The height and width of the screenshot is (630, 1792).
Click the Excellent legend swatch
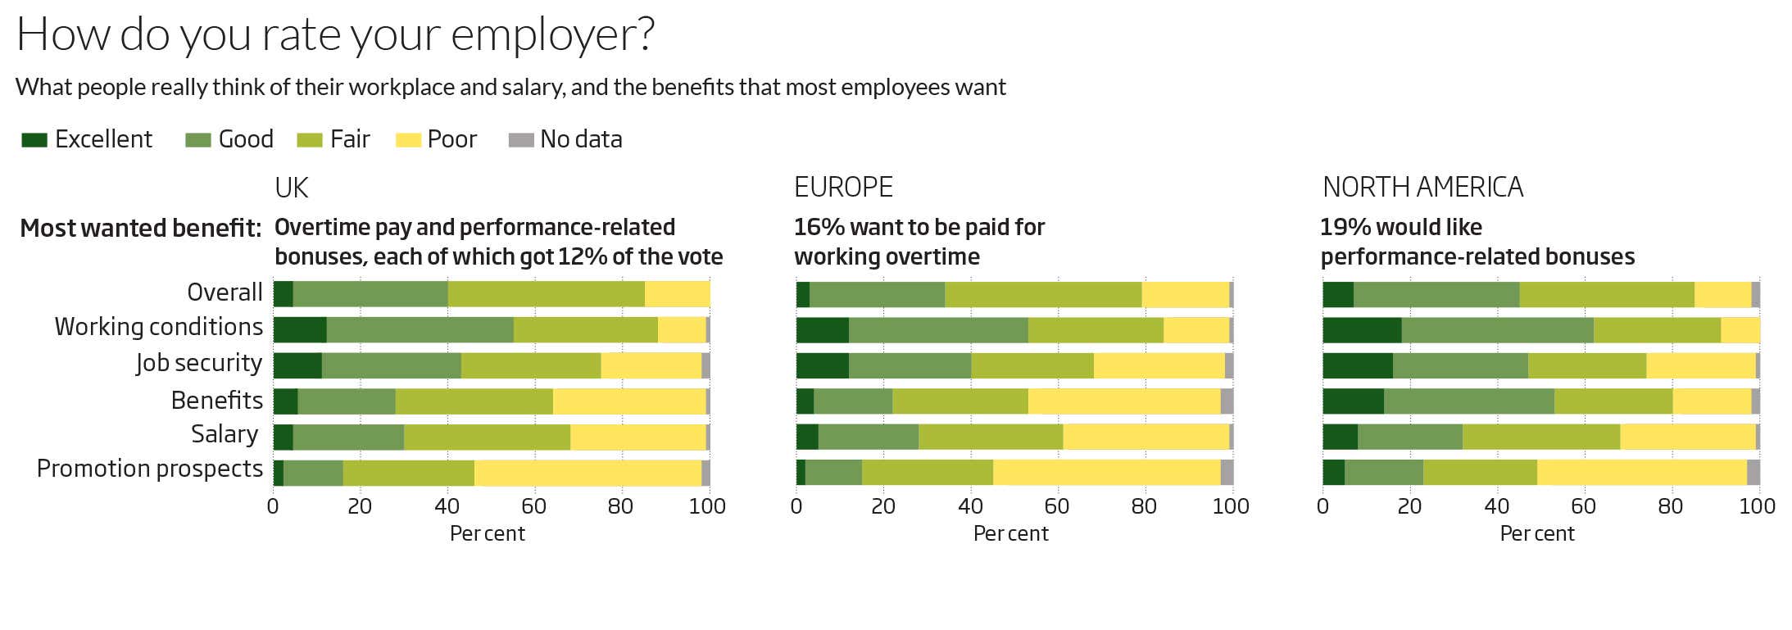(34, 140)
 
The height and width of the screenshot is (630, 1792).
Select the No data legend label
(580, 140)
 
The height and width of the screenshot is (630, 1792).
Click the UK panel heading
(291, 188)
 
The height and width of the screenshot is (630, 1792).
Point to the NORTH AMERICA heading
(1422, 188)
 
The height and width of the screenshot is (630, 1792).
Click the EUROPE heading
(843, 188)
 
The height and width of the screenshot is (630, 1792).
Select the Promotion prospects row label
(149, 469)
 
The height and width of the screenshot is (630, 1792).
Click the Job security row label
(199, 363)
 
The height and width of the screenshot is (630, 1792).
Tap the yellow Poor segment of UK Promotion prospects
(588, 473)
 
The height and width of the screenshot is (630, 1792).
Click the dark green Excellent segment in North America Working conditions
(1361, 330)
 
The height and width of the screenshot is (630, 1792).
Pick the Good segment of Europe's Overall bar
(877, 295)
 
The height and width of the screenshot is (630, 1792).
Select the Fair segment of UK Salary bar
(487, 437)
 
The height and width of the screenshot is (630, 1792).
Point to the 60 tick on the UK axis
(533, 506)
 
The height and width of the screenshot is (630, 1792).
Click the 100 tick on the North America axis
(1757, 506)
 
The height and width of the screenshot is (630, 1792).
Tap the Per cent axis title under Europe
(1010, 534)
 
